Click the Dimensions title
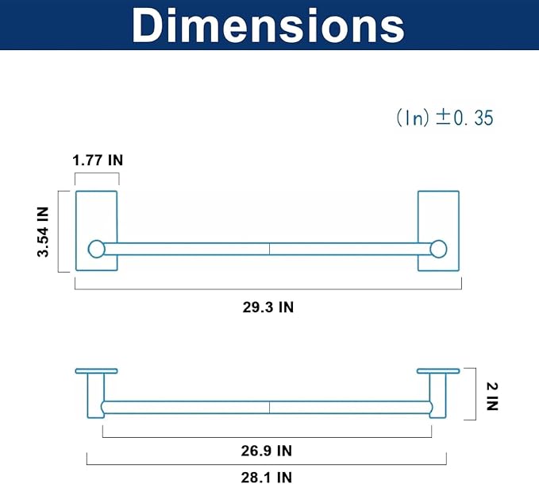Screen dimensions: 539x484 click(268, 26)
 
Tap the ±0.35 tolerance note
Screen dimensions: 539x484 click(445, 118)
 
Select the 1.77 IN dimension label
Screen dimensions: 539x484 click(98, 160)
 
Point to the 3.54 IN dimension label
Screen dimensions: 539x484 click(44, 232)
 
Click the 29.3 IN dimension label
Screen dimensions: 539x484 click(268, 307)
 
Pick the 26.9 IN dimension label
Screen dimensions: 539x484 click(267, 451)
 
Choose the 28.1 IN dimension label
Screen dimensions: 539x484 click(267, 478)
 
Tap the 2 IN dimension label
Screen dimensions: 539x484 click(492, 397)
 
